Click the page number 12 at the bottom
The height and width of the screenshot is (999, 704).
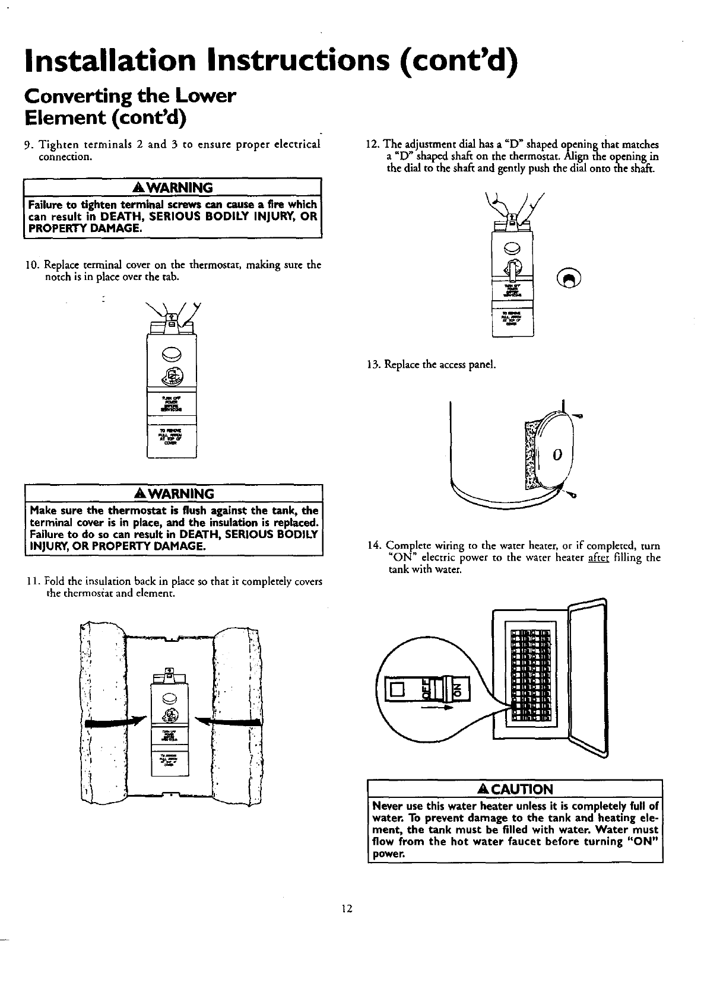(x=347, y=908)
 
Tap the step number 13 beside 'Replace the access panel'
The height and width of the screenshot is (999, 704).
(x=372, y=364)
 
